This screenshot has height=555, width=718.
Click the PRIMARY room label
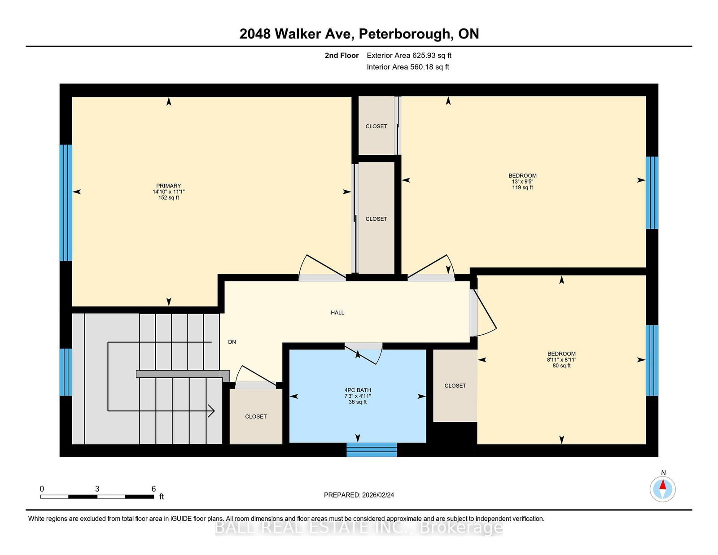coord(169,186)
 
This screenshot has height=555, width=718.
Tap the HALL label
coord(337,313)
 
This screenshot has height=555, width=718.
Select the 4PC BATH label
coord(358,390)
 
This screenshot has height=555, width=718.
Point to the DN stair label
coord(232,342)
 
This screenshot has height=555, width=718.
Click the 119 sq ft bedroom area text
coord(522,187)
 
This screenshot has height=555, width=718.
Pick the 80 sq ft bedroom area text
coord(561,366)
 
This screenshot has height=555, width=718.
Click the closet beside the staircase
coord(256,416)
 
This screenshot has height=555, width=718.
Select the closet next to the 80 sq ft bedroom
coord(455,385)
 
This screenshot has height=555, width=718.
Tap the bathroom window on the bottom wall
coord(372,450)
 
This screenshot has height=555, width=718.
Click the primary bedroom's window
coord(66,202)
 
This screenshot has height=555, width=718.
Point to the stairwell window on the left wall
coord(66,372)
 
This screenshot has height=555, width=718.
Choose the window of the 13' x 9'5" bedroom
coord(652,192)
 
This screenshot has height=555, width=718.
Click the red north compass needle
coord(663,485)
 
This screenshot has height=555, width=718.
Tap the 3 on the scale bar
coord(97,489)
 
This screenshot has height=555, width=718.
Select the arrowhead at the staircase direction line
coord(211,411)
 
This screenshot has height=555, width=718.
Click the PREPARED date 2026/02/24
coord(378,495)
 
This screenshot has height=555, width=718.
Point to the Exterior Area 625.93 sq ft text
coord(409,56)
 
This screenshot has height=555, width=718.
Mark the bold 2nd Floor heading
coord(341,56)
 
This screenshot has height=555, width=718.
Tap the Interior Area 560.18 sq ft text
coord(408,67)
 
